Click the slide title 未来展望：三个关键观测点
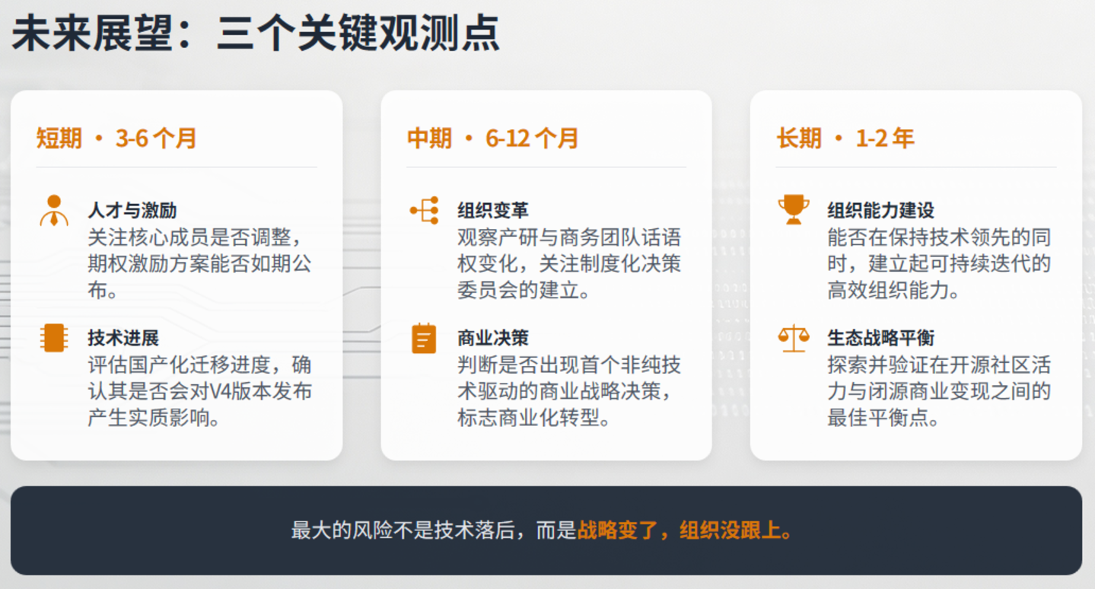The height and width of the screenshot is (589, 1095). [255, 33]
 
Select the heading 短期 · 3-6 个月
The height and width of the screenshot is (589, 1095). [116, 138]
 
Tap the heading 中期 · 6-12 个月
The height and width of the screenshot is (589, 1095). [493, 138]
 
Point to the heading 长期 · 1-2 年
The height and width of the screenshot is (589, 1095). [845, 138]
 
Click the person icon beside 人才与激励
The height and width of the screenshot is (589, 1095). [54, 211]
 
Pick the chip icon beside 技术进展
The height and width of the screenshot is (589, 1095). [54, 338]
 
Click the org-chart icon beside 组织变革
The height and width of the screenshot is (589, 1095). [425, 211]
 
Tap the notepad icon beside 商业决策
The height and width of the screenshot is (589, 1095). [424, 338]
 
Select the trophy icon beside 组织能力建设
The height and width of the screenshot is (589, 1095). [794, 210]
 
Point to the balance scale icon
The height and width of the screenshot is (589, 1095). [794, 338]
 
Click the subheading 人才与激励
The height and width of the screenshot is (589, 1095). [132, 211]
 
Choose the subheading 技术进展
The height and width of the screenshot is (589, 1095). [123, 338]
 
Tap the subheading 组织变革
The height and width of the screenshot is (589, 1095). [493, 211]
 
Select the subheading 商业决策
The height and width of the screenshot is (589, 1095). [493, 338]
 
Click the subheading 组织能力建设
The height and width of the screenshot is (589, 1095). [880, 211]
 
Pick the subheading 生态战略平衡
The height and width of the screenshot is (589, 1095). [880, 338]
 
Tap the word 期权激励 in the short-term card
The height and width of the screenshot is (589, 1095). [129, 264]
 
